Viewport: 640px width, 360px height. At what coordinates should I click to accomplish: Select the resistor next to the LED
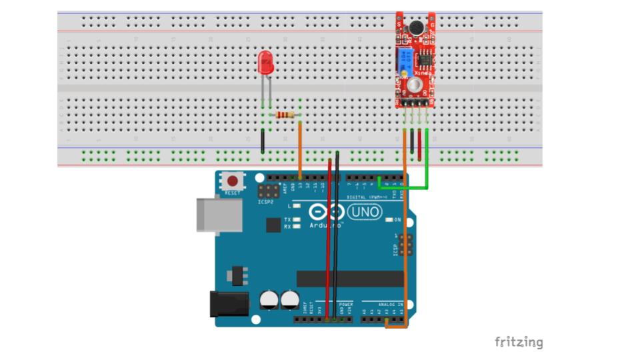tap(285, 115)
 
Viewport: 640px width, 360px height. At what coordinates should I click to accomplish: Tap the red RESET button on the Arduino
tap(233, 180)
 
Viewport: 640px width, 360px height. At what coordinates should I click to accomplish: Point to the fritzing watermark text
tap(519, 342)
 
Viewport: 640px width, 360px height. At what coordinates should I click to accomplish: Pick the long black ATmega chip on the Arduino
tap(350, 279)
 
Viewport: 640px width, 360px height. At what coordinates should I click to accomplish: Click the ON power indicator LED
tap(390, 219)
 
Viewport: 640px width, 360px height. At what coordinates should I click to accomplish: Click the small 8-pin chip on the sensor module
tap(424, 59)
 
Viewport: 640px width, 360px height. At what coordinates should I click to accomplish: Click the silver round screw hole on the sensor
tap(415, 85)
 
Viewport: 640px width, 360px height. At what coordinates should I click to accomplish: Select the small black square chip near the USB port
tap(273, 225)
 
